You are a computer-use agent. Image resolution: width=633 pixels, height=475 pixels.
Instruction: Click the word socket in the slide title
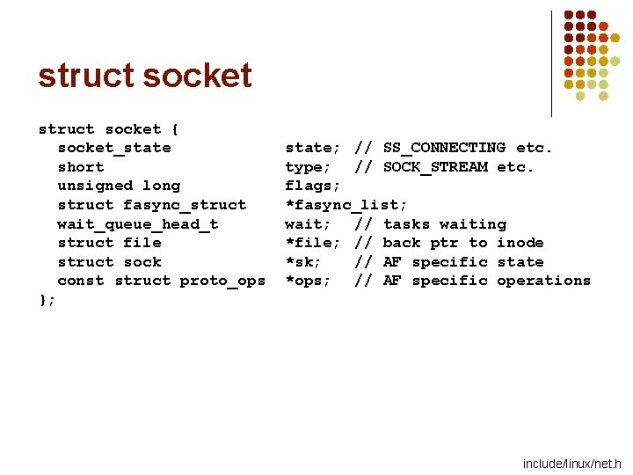[197, 76]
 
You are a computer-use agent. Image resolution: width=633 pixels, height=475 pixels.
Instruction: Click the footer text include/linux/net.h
[571, 464]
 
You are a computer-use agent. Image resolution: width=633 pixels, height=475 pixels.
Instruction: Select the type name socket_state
[114, 148]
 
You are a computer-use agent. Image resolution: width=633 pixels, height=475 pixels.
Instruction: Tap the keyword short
[81, 167]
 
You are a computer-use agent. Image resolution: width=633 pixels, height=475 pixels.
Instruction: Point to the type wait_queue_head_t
[138, 224]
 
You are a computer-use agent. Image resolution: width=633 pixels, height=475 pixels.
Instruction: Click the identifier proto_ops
[222, 281]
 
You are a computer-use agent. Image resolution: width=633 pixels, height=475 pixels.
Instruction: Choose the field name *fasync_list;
[346, 205]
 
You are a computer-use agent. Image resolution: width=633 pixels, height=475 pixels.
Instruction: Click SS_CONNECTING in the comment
[444, 148]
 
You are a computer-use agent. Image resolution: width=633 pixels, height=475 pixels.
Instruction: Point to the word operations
[544, 281]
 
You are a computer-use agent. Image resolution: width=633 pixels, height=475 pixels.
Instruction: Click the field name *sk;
[303, 262]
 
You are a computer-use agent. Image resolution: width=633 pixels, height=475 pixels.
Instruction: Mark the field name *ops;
[309, 281]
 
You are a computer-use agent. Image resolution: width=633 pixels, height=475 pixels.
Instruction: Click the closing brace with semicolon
[47, 300]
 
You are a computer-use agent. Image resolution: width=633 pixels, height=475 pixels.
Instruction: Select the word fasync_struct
[185, 205]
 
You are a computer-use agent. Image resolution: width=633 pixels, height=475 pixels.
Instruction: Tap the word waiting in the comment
[473, 224]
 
